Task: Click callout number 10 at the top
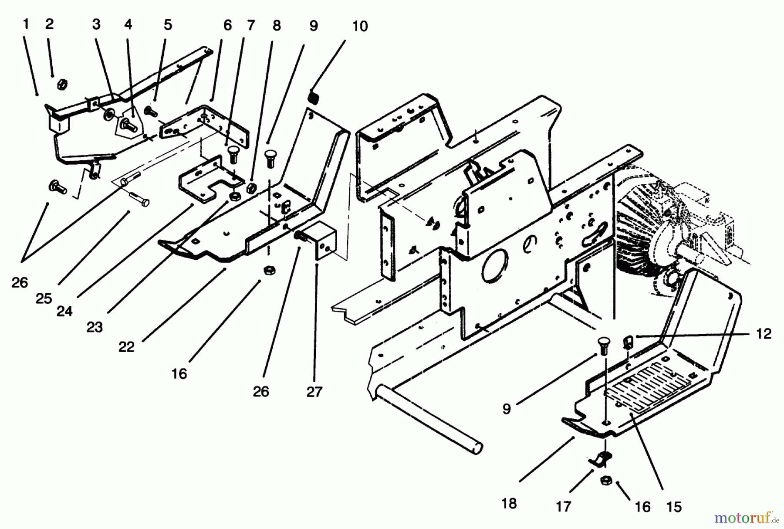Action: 360,27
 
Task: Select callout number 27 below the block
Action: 314,391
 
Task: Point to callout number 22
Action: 126,347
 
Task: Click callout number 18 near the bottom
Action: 509,503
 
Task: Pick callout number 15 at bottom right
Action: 674,507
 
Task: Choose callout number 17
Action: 563,506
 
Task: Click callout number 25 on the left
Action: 44,298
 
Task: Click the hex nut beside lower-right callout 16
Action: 605,481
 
